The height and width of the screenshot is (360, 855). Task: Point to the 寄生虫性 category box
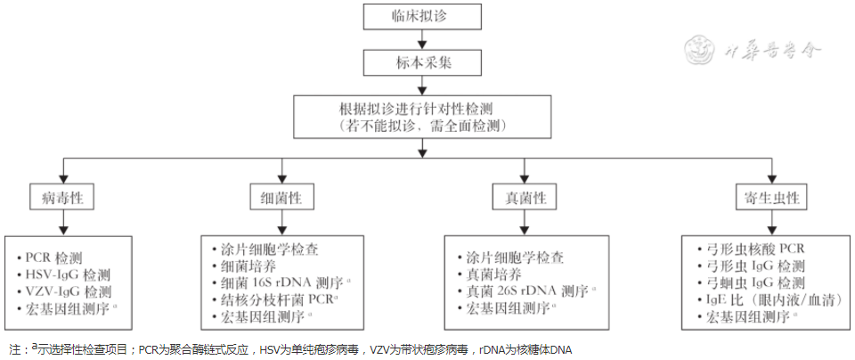pos(767,197)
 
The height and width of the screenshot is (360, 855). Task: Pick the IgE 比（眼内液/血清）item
pos(766,299)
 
